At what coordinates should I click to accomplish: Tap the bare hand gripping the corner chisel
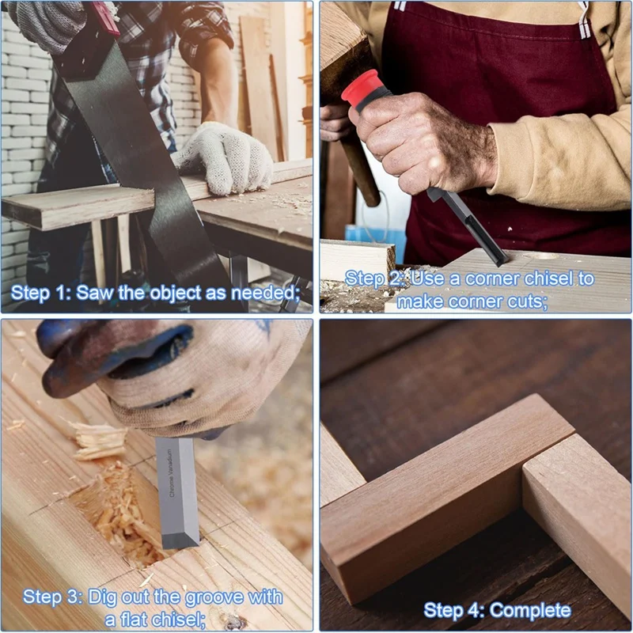(427, 142)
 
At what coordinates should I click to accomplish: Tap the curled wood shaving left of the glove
(99, 439)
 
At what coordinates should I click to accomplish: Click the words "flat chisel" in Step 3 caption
(158, 620)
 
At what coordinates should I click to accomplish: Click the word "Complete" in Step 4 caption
(529, 610)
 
